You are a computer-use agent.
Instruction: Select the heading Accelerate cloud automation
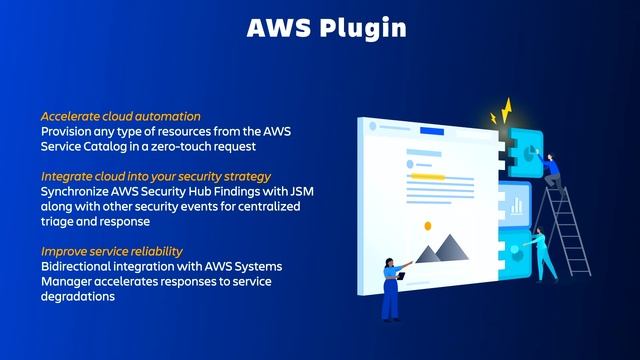tap(120, 116)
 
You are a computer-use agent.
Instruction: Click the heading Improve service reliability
tap(112, 250)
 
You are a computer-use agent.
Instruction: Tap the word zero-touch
tap(198, 146)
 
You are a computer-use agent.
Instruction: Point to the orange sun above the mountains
tap(427, 226)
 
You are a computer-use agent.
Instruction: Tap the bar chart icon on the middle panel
tap(517, 206)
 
